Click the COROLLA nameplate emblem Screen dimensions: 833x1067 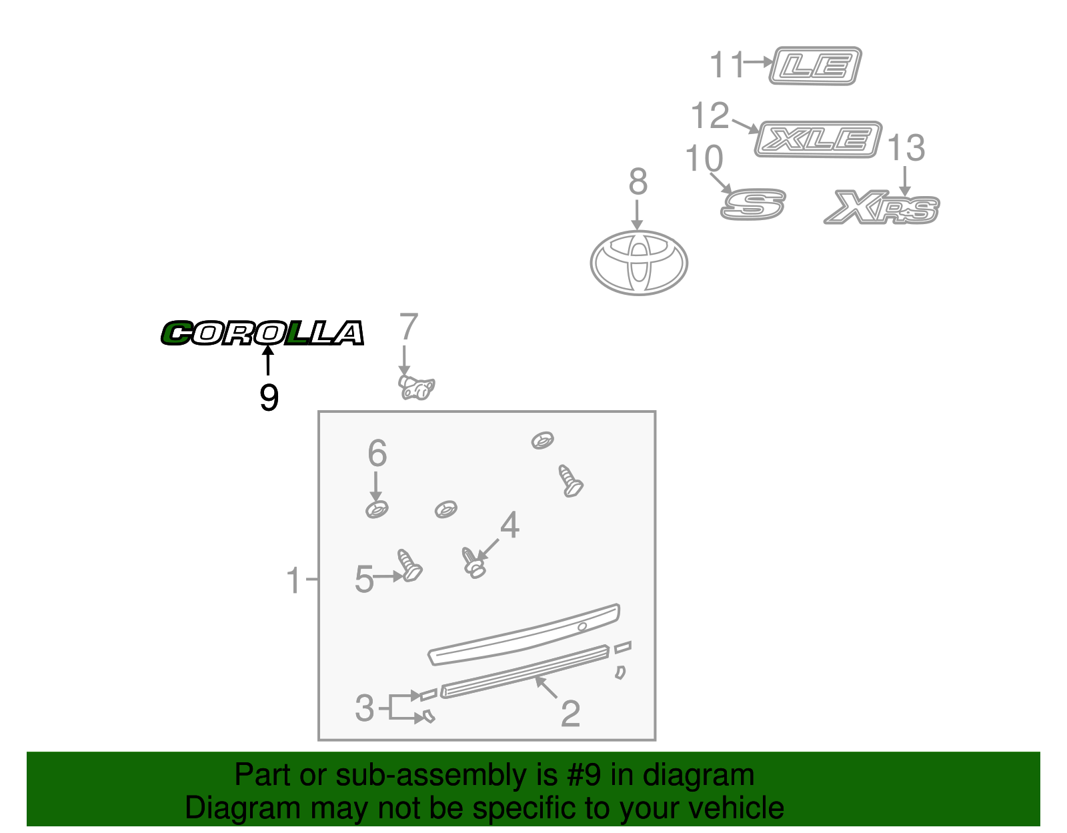[x=262, y=333]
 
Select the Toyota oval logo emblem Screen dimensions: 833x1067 [x=638, y=263]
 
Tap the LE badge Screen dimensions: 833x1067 [x=815, y=66]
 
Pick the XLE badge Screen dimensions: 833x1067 [x=818, y=139]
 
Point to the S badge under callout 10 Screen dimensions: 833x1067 [x=753, y=204]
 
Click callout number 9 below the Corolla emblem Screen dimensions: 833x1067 [x=269, y=397]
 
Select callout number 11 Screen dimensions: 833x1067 [x=726, y=65]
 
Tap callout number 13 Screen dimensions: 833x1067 [x=906, y=147]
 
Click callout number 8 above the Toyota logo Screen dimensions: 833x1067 [x=638, y=181]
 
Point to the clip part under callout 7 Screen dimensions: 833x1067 [x=416, y=387]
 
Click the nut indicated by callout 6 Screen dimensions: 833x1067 [x=377, y=510]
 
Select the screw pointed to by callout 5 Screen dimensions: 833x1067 [x=409, y=566]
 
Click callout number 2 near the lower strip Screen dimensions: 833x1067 [x=570, y=714]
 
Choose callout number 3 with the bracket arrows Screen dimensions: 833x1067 [x=364, y=708]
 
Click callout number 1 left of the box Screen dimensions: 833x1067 [x=293, y=580]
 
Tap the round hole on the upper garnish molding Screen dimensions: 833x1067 [x=582, y=626]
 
